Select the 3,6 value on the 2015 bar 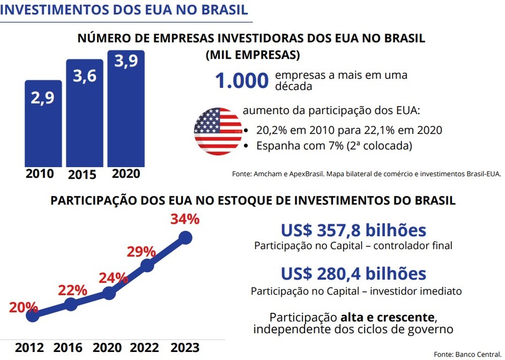click(x=84, y=76)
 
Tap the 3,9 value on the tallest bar click(x=126, y=61)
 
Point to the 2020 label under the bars click(x=126, y=174)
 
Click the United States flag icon click(x=218, y=131)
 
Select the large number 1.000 click(x=241, y=81)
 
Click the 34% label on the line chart click(x=186, y=220)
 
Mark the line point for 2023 click(x=185, y=237)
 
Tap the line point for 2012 click(x=32, y=316)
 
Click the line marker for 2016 click(x=71, y=304)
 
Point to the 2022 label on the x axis click(x=145, y=348)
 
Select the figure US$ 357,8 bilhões click(x=353, y=231)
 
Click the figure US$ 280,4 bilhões click(x=353, y=274)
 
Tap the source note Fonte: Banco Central click(x=468, y=353)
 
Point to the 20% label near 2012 click(x=23, y=306)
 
